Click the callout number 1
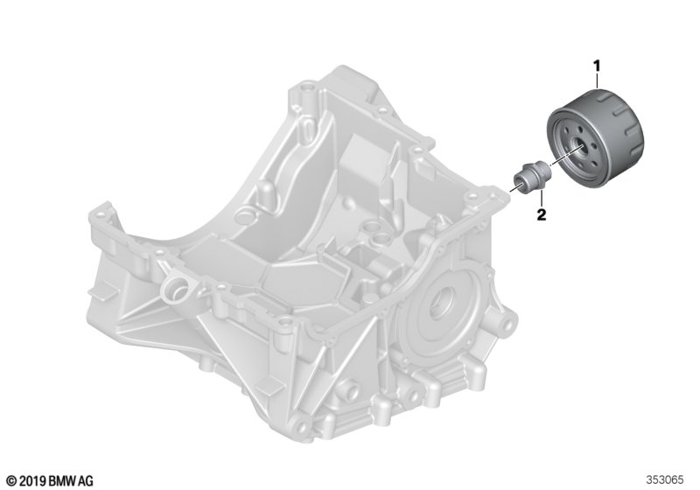point(597,66)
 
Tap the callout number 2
point(541,214)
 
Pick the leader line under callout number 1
point(597,81)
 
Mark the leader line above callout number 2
point(541,199)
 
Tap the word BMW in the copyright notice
point(62,480)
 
